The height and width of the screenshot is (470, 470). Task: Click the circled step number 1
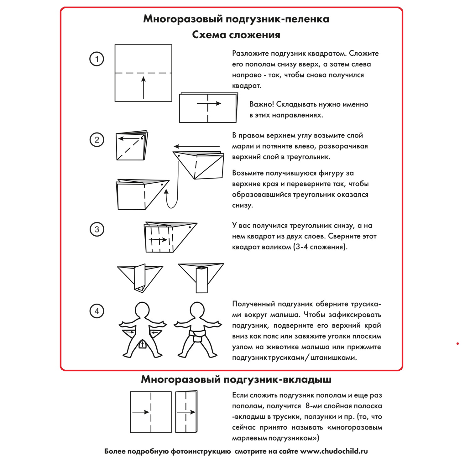[97, 59]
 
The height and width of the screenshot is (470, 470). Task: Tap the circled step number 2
[97, 140]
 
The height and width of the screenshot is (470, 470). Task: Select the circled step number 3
[97, 229]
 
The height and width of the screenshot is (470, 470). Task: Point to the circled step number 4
[97, 311]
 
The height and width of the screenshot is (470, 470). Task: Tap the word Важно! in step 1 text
[262, 104]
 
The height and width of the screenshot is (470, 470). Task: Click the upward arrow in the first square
[144, 87]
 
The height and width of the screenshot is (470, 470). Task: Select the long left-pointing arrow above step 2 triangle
[197, 146]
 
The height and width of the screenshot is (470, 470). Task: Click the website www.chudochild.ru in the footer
[334, 452]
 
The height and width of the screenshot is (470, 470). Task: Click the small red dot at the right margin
[457, 344]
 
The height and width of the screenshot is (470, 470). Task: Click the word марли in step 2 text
[242, 146]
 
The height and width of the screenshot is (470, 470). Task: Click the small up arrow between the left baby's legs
[143, 345]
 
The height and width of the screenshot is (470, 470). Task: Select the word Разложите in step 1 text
[251, 54]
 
